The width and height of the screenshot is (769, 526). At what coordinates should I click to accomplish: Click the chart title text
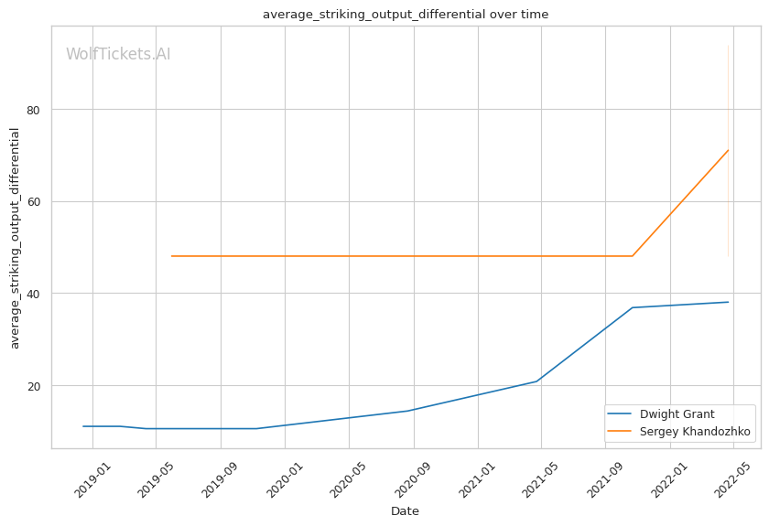point(406,14)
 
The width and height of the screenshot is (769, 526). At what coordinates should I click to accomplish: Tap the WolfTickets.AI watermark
point(118,55)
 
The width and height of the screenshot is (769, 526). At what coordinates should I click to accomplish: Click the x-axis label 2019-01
point(92,477)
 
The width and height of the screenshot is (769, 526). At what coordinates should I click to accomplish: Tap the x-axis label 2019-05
point(156,477)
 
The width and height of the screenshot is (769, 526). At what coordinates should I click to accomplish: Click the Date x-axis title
point(405,511)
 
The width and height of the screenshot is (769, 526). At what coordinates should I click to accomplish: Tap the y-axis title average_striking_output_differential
point(15,238)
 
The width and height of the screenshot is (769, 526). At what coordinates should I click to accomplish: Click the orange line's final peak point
point(728,150)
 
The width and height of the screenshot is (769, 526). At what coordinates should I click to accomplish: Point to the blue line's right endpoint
point(728,302)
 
